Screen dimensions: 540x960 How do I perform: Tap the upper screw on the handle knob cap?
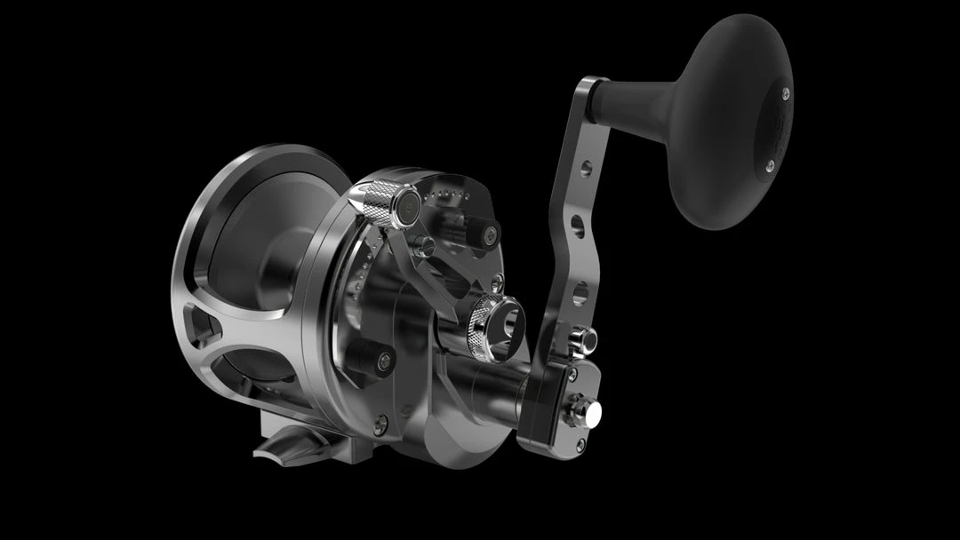[x=786, y=90]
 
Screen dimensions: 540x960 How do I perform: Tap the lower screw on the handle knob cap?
[x=769, y=164]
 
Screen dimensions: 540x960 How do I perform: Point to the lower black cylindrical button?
[x=369, y=358]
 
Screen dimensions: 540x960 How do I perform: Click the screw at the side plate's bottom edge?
[x=380, y=425]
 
